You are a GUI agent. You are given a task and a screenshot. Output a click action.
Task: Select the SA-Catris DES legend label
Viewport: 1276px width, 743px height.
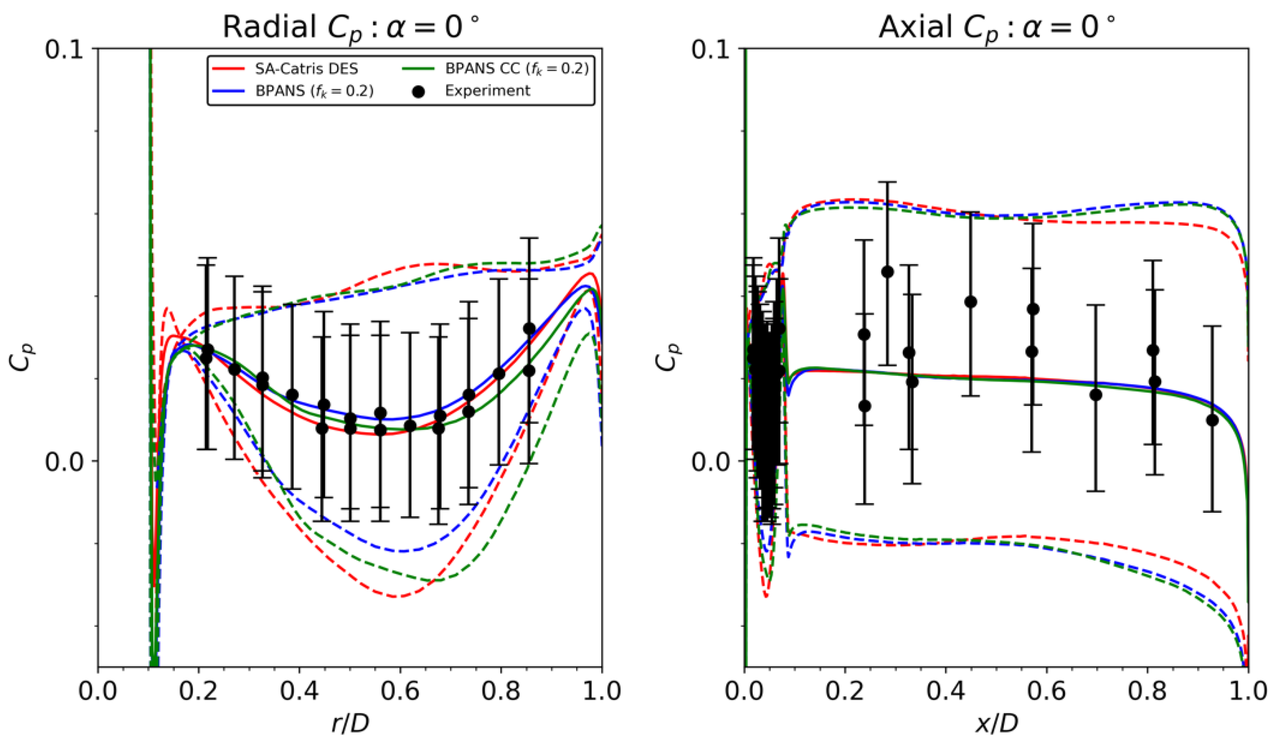(x=307, y=68)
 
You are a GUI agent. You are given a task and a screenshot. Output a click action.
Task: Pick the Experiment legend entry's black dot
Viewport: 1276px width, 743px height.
(x=418, y=92)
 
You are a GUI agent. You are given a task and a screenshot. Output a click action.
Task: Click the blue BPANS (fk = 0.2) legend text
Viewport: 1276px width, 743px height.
(x=314, y=92)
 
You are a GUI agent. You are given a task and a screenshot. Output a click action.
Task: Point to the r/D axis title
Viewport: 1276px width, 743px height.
(x=351, y=724)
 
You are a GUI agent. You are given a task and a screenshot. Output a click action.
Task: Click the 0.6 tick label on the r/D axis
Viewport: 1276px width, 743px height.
(x=400, y=692)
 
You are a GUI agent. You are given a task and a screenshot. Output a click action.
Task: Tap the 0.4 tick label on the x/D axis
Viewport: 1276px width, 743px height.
(x=945, y=692)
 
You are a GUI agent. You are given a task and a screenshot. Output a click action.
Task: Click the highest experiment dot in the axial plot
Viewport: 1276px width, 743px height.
(x=887, y=272)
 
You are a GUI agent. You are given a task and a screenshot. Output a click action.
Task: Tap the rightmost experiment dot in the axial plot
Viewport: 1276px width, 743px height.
(x=1212, y=420)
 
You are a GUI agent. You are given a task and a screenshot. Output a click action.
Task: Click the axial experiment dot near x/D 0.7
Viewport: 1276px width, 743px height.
(x=1096, y=395)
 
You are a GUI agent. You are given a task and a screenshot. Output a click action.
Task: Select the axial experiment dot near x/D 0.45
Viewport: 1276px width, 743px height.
(x=971, y=302)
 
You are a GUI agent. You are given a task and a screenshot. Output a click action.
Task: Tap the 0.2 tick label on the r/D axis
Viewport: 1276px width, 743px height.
(x=199, y=692)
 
